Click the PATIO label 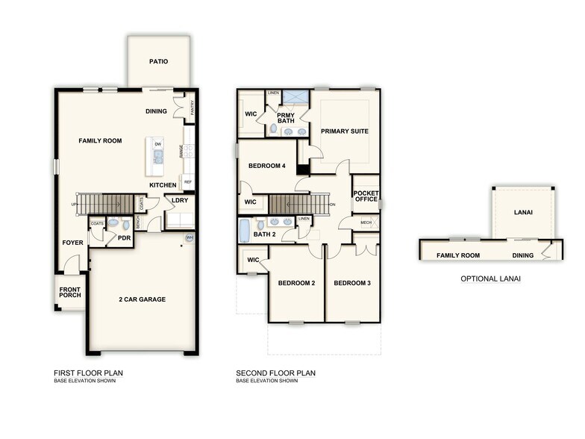(x=157, y=62)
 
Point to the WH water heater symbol (x=190, y=239)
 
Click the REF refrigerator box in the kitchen (x=188, y=181)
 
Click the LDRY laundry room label (x=179, y=200)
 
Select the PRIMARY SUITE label (x=344, y=131)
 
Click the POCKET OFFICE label (x=366, y=196)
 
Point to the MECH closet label (x=366, y=222)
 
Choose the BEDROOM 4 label (x=266, y=166)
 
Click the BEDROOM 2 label (x=296, y=283)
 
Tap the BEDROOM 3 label (x=352, y=283)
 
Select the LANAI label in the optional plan (x=523, y=212)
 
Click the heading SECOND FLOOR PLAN (x=275, y=373)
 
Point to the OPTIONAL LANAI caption (x=489, y=278)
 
